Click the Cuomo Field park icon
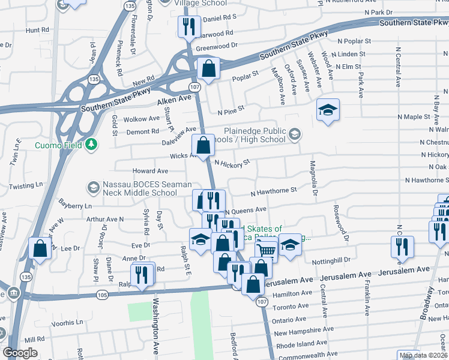point(91,144)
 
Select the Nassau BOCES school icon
point(93,188)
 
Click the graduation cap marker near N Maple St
point(328,110)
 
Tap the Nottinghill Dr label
point(331,260)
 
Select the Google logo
point(20,353)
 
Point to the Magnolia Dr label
point(313,173)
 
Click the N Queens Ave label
point(246,211)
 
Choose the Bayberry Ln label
point(74,205)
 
